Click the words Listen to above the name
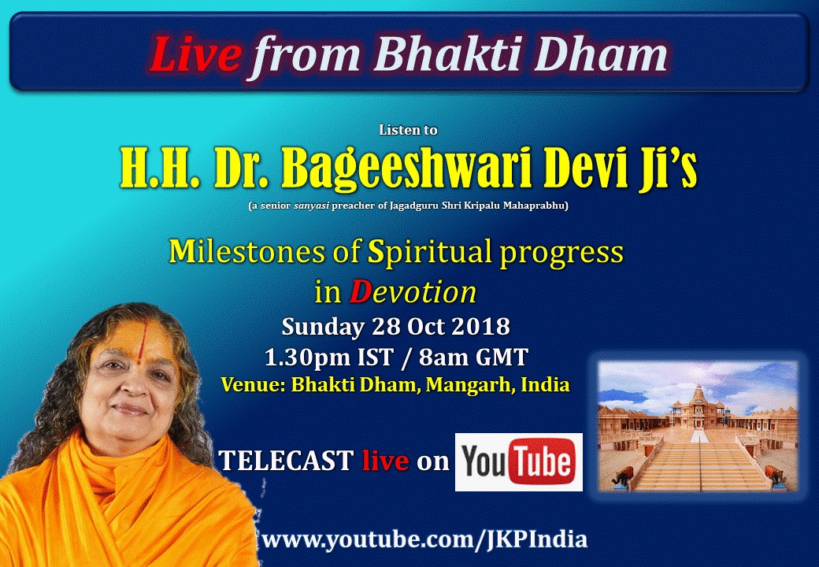[408, 130]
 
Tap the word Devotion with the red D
[413, 292]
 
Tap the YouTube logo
[519, 461]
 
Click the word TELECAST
[286, 461]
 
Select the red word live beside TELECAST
[385, 461]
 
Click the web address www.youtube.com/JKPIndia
[424, 539]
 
